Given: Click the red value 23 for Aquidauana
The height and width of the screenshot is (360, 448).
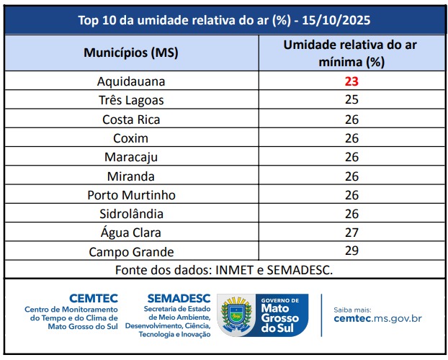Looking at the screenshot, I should coord(351,82).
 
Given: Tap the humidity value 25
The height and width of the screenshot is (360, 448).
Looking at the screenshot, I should coord(351,101).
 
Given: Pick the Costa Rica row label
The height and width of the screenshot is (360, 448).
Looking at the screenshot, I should coord(131,120).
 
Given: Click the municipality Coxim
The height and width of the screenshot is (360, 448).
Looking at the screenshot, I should coord(131,138).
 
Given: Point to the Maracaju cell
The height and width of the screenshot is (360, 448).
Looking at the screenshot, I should coord(131,157).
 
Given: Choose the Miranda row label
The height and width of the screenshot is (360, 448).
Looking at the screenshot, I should coord(131,176).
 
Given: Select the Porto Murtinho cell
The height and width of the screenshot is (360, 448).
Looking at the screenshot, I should coord(131,195).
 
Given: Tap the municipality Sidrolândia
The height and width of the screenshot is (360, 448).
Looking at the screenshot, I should coord(131,214).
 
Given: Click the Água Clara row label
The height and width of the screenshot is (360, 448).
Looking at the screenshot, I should coord(131,233).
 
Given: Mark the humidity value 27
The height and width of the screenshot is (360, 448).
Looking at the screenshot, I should coord(351,233).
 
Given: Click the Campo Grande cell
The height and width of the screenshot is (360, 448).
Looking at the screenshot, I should coord(131,252).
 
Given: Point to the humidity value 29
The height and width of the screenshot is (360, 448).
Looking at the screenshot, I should coord(351,252).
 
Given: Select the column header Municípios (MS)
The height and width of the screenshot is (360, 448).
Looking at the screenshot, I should coord(131,53).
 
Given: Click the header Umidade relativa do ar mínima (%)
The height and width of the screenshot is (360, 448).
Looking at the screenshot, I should coord(351,53).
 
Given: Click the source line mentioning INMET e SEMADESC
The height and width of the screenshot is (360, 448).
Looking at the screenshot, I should coord(224,270).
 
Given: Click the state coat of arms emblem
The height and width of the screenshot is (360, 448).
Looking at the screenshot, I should coord(234,314).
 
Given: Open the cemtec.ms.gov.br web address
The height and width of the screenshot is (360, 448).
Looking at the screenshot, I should coord(377,318).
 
